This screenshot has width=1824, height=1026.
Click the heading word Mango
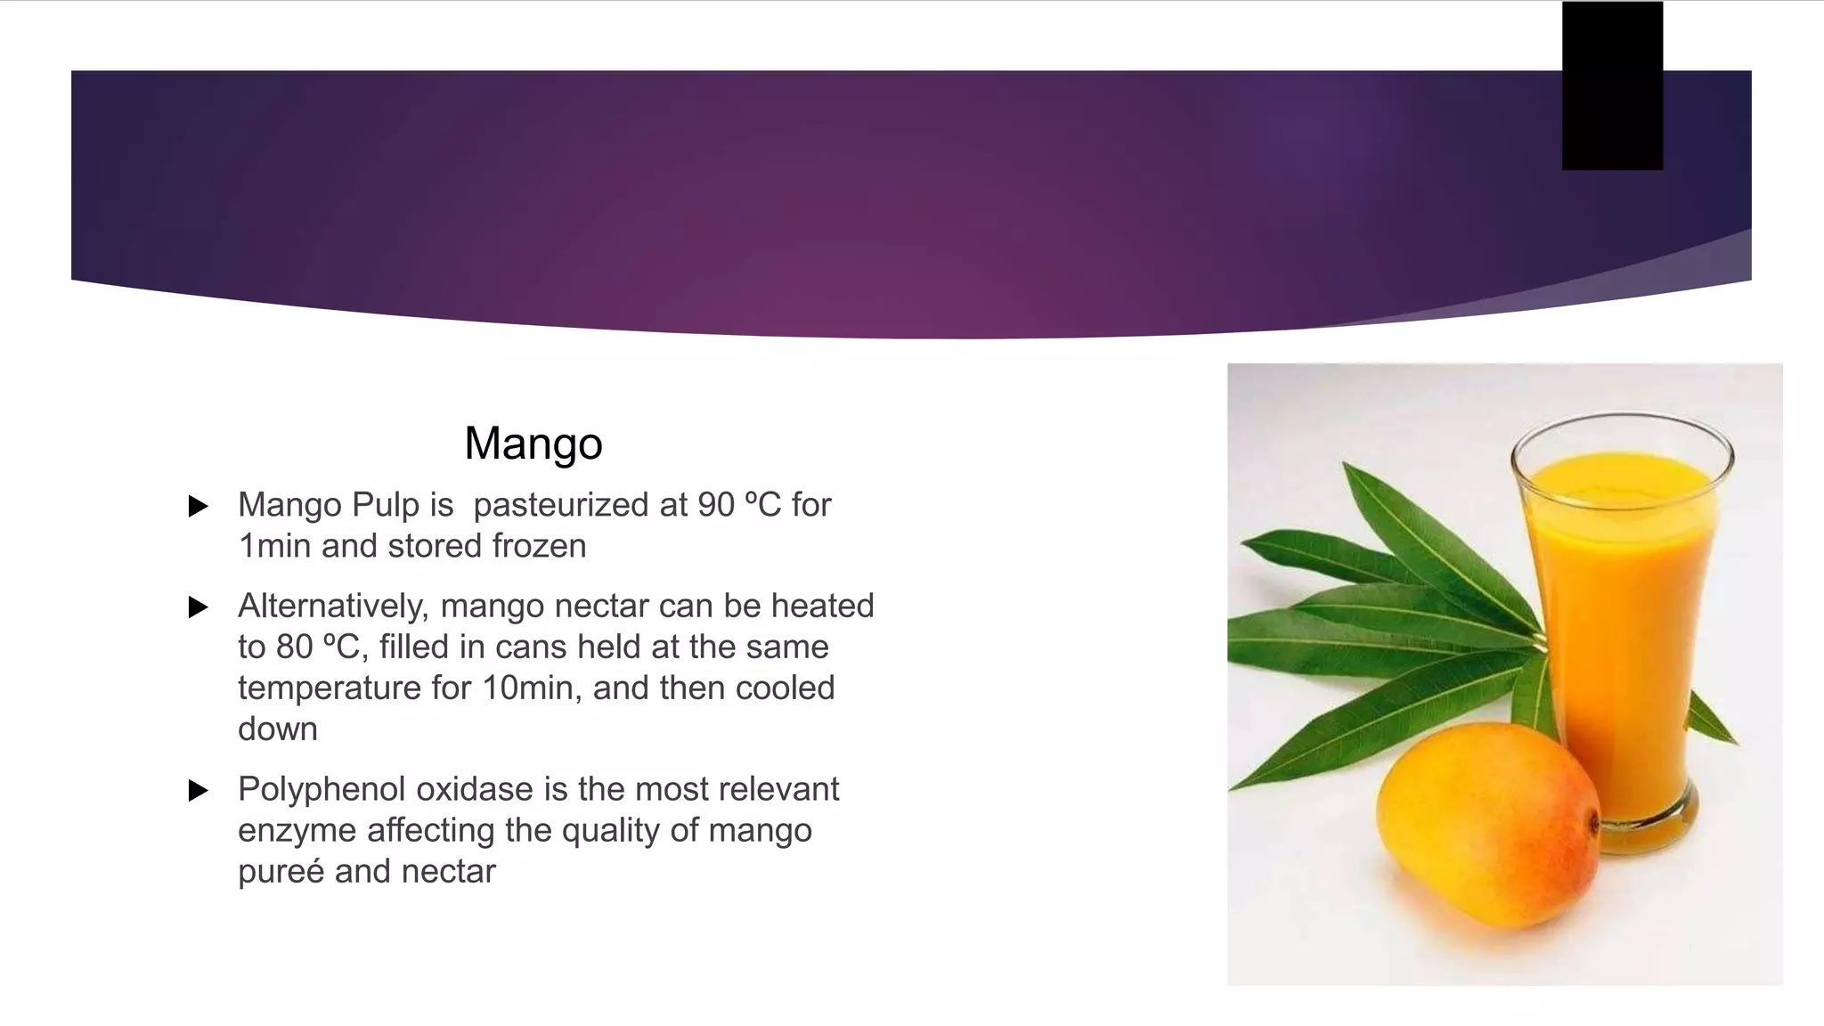click(533, 444)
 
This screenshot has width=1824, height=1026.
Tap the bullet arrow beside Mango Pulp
click(199, 507)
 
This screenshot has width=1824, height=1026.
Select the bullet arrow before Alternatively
click(199, 607)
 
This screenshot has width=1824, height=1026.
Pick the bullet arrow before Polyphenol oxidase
click(199, 790)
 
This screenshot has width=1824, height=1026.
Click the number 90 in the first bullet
click(715, 505)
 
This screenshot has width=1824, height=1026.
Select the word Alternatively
click(333, 607)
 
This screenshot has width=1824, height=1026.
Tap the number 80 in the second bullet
click(294, 647)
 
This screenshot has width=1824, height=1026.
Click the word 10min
click(532, 688)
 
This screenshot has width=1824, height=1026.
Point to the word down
click(277, 729)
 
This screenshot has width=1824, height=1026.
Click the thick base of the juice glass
click(1648, 824)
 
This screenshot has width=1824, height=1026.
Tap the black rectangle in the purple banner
click(1611, 86)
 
